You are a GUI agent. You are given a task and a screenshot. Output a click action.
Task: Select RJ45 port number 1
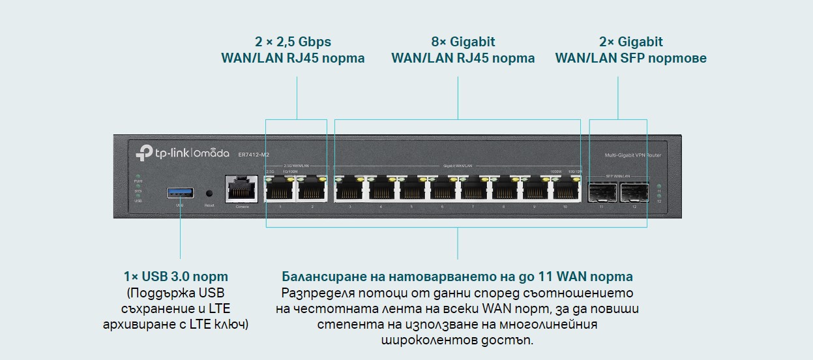coord(280,190)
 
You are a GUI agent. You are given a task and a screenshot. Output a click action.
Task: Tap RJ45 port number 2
coord(311,190)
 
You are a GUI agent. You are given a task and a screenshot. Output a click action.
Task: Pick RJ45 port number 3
coord(350,190)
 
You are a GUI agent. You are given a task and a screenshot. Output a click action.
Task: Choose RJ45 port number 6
coord(442,190)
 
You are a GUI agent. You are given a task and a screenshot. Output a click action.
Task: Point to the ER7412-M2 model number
coord(255,154)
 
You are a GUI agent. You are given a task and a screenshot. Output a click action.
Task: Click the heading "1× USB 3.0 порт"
coord(176,277)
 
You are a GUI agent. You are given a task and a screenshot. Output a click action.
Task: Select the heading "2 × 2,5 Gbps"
coord(293,42)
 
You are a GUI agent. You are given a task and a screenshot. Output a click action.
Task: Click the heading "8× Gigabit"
coord(463,42)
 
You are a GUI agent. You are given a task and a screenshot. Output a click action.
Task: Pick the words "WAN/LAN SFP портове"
coord(630,58)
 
